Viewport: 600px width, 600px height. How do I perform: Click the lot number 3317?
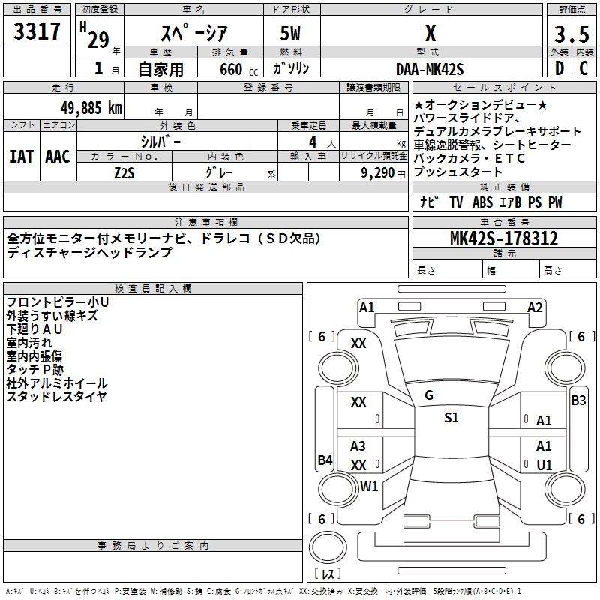[x=37, y=32]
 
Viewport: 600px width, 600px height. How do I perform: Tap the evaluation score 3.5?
[x=571, y=34]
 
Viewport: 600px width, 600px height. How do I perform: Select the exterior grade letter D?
[x=559, y=67]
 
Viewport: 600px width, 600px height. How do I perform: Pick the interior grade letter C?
[x=583, y=67]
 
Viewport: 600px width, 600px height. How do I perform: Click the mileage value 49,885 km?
[x=80, y=106]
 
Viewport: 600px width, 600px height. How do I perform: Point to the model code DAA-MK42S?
[x=430, y=68]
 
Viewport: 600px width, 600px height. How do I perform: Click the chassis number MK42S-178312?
[x=504, y=238]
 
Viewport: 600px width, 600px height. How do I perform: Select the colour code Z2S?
[x=124, y=172]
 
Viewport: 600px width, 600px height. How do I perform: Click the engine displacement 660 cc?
[x=231, y=69]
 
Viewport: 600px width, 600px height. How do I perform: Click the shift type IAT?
[x=21, y=156]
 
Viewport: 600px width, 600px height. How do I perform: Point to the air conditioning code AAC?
[x=57, y=156]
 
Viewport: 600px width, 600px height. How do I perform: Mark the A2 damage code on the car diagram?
[x=535, y=307]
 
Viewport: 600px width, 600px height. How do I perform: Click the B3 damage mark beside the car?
[x=578, y=400]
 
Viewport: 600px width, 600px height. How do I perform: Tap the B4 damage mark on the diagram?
[x=325, y=460]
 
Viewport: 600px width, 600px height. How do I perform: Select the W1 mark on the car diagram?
[x=369, y=486]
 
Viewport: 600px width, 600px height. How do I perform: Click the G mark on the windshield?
[x=429, y=395]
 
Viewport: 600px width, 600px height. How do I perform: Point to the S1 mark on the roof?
[x=451, y=418]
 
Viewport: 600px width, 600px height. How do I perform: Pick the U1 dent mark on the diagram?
[x=544, y=465]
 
